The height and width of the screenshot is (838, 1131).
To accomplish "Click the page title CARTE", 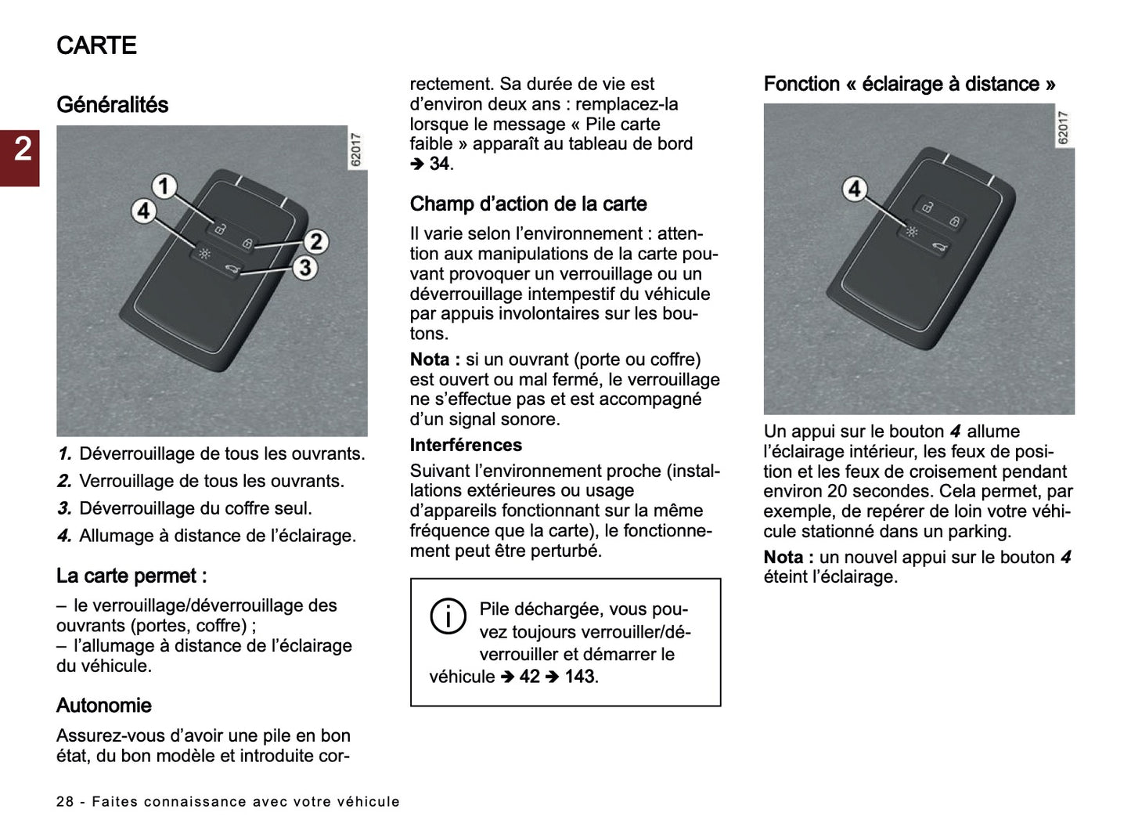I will [96, 45].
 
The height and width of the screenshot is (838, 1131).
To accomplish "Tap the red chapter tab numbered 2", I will [21, 150].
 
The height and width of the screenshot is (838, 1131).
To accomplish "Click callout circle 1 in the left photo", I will [164, 186].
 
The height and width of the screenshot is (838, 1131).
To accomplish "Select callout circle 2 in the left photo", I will [315, 241].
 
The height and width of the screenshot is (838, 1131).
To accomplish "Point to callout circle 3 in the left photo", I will [304, 268].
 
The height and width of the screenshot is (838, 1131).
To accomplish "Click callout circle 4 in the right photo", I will [855, 189].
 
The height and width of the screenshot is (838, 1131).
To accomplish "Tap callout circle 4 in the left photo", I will [143, 211].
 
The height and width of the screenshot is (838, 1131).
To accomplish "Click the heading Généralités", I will [112, 105].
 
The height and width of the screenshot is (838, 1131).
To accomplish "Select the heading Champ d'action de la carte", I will [528, 204].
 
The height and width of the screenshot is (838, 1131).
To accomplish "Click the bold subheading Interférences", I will [466, 445].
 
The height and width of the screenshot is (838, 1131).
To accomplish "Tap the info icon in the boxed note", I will [448, 616].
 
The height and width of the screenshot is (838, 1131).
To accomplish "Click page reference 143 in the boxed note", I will [580, 677].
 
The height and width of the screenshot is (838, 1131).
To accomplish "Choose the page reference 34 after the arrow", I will [439, 164].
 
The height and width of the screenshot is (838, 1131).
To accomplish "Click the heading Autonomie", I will [104, 706].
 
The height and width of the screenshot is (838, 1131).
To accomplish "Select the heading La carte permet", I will [131, 576].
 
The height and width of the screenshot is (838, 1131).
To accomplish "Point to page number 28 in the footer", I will [65, 802].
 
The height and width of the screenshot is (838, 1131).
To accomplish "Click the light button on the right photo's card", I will [911, 232].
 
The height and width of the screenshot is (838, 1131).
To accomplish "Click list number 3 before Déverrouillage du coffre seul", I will [64, 508].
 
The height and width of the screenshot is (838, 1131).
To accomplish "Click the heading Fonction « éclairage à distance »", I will [909, 85].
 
